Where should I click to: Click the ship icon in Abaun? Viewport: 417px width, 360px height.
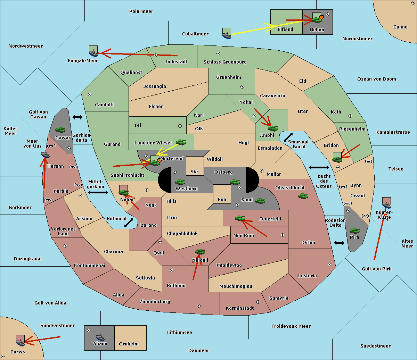pos(100,337)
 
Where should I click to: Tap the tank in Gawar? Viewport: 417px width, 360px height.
pos(60,129)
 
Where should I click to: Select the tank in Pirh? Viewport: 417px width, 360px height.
pos(354,231)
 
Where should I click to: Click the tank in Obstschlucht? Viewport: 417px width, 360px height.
pos(303,196)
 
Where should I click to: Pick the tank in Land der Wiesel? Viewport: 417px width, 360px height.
pos(181,142)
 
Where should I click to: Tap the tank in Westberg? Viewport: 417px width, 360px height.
pos(180,182)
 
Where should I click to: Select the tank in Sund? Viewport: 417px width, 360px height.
pos(260,201)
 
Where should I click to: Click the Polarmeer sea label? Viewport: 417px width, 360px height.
pos(141,11)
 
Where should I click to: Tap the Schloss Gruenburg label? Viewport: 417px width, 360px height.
pos(225,62)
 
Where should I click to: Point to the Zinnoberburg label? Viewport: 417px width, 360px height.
pos(155,302)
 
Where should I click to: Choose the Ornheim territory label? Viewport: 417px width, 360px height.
pos(129,344)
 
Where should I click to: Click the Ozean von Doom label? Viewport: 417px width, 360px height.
pos(377,79)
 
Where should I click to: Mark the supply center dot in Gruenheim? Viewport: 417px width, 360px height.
pos(242,87)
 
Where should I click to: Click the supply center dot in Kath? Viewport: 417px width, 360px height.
pos(350,116)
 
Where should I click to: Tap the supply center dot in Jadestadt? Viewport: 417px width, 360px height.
pos(156,55)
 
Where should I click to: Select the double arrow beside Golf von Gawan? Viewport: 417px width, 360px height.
pos(77,117)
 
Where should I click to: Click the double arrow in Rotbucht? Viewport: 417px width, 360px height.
pos(129,223)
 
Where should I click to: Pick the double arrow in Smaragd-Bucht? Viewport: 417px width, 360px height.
pos(288,137)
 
